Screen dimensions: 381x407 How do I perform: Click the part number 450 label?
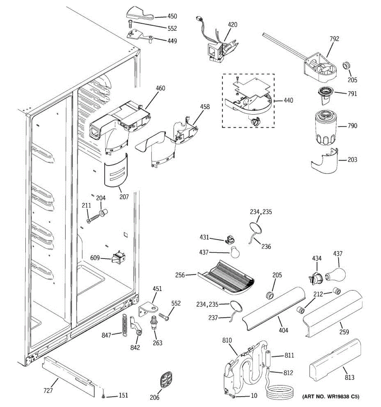click(172, 16)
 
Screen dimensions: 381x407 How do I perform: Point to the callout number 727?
click(48, 391)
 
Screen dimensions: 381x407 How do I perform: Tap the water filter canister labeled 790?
click(326, 128)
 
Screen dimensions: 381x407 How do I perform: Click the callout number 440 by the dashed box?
click(288, 100)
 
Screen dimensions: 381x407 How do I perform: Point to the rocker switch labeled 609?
click(118, 257)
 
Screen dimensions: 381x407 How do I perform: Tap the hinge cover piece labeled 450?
click(140, 14)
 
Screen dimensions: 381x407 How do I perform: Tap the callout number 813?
click(350, 377)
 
